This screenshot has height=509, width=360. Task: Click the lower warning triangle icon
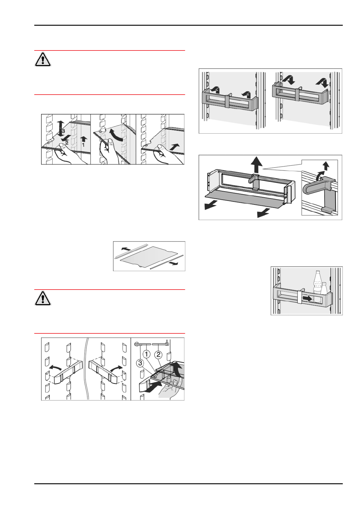[43, 298]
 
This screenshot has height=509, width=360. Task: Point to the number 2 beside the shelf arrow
[67, 143]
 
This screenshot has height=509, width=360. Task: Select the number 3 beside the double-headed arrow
[63, 131]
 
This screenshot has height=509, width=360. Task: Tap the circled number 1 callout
[147, 354]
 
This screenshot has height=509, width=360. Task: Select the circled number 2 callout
[158, 354]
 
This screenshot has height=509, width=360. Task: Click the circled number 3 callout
[140, 364]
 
